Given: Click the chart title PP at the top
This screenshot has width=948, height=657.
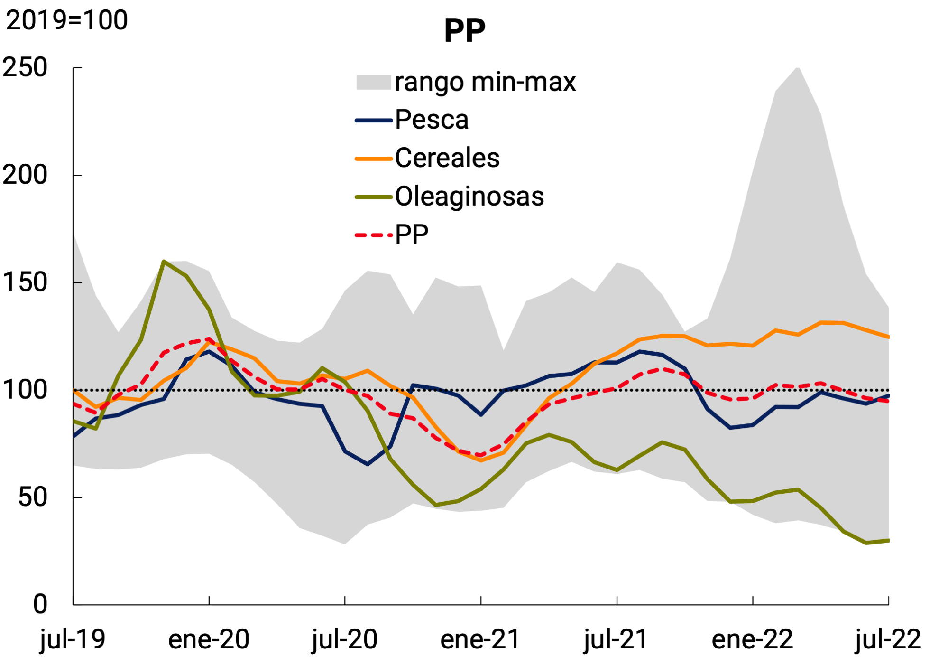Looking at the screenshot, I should (x=464, y=31).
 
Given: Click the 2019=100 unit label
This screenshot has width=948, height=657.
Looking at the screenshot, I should (x=67, y=20).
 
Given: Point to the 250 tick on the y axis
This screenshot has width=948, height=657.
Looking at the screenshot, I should (x=25, y=67).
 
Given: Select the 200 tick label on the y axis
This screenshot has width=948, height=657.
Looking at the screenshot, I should (x=25, y=175).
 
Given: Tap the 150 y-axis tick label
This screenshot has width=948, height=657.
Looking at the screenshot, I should (x=25, y=282).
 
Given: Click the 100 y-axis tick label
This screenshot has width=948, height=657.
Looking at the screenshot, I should (x=25, y=390).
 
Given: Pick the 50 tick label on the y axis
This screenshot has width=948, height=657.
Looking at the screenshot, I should (x=32, y=497).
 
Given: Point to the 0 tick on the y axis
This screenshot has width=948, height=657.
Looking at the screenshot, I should (x=40, y=604).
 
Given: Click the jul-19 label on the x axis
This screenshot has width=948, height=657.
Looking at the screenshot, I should (x=73, y=639).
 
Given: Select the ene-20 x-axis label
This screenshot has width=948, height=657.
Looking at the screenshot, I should (x=209, y=639).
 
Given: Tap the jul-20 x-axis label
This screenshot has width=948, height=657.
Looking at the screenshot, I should (x=345, y=639).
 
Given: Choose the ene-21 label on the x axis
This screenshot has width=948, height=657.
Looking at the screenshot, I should (x=480, y=639).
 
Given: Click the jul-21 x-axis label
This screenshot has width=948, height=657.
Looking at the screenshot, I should (x=616, y=639).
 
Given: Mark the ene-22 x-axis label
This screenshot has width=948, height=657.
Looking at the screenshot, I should (x=752, y=639).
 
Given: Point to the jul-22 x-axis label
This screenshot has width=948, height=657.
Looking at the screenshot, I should (x=888, y=639).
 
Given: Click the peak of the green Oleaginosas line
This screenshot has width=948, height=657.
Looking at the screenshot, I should (x=164, y=261).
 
